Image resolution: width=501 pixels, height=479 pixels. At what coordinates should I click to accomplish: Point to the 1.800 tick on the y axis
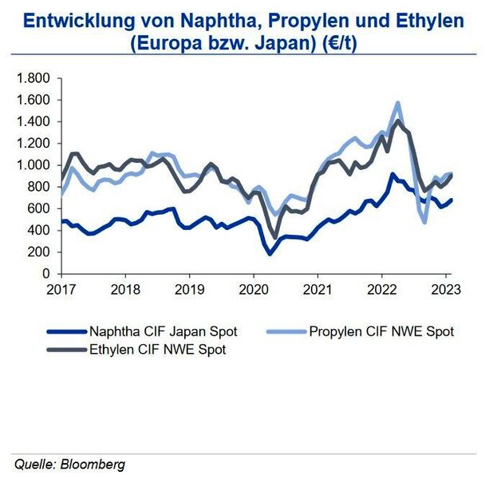[x=34, y=78]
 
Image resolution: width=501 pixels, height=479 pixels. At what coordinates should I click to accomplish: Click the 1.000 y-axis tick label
[x=34, y=165]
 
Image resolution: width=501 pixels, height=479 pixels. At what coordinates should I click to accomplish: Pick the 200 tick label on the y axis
[x=39, y=252]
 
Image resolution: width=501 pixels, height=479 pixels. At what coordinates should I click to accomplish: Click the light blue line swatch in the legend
[x=284, y=331]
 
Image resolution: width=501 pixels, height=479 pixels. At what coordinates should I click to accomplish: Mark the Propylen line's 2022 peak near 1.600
[x=396, y=103]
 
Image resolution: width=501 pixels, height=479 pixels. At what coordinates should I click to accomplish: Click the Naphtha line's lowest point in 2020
[x=270, y=254]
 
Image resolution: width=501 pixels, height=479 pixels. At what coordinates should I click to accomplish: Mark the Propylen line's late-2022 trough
[x=424, y=221]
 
